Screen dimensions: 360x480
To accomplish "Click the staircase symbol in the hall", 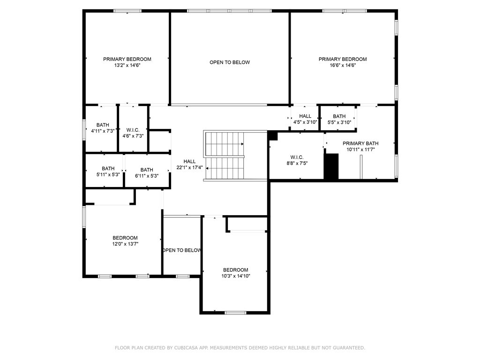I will [x=225, y=155].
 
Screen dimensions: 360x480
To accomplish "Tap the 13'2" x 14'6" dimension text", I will [x=127, y=66].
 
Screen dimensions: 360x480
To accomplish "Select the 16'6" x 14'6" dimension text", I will [x=343, y=66].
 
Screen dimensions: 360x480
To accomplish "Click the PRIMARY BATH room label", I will [x=360, y=143].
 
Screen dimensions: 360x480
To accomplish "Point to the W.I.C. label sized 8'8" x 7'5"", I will [x=297, y=157].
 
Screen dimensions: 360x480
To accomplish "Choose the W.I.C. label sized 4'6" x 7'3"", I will [x=133, y=130].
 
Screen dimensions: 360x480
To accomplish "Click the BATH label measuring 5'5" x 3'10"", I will [x=339, y=116].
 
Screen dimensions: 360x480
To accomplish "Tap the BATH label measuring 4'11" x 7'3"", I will [x=103, y=125].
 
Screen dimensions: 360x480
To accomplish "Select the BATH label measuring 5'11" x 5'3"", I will [x=108, y=169].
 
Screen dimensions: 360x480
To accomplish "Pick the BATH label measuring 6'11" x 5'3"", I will [x=147, y=170].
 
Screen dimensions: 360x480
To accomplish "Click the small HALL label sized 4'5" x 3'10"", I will [x=305, y=116].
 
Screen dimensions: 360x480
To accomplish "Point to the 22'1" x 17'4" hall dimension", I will [x=189, y=167].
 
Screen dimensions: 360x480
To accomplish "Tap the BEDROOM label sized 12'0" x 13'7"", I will [x=125, y=238].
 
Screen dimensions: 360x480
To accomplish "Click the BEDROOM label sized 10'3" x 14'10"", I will [x=235, y=270].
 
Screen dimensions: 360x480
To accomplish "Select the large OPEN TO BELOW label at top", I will [x=230, y=62].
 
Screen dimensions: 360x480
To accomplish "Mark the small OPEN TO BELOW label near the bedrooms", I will [x=182, y=250].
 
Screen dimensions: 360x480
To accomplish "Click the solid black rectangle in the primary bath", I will [x=331, y=166].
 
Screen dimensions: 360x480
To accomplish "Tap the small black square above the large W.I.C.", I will [x=273, y=135].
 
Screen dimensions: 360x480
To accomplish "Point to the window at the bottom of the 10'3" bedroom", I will [x=235, y=312].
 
